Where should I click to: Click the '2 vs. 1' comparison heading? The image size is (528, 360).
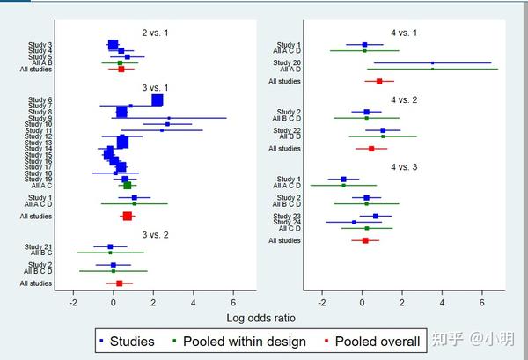156,33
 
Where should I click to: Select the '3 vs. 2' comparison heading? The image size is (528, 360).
156,235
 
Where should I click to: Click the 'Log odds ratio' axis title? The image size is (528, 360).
260,317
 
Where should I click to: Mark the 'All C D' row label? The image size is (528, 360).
289,228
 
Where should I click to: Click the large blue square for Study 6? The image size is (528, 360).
157,100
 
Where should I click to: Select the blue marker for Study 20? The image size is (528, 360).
432,62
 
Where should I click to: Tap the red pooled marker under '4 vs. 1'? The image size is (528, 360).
379,82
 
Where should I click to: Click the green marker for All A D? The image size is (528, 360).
432,69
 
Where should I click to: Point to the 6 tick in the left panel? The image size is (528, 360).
234,302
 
